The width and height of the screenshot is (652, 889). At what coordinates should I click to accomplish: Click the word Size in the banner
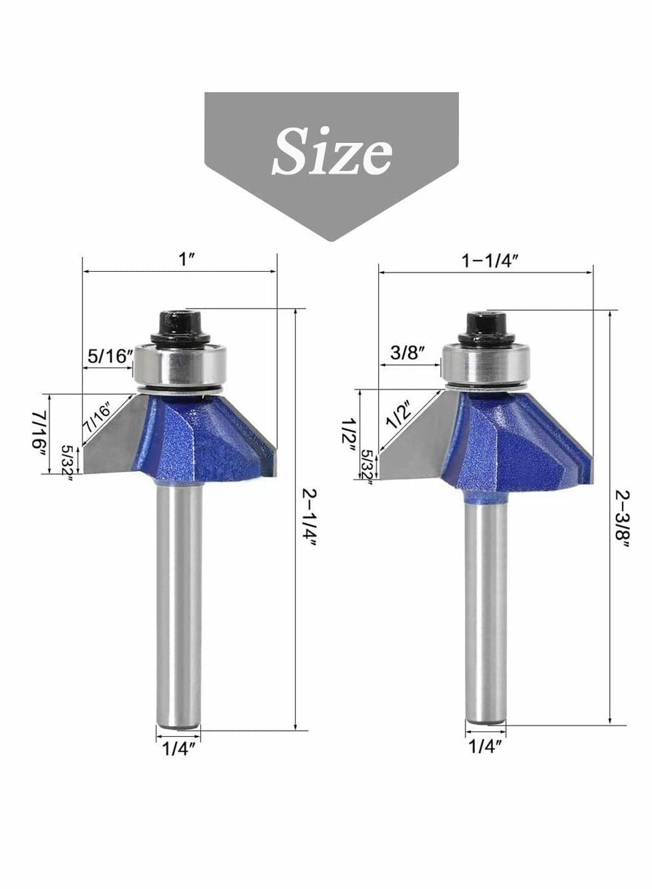tap(332, 151)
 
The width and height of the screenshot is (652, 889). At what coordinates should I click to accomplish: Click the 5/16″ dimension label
tap(107, 355)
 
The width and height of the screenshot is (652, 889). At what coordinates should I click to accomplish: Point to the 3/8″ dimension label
tap(407, 353)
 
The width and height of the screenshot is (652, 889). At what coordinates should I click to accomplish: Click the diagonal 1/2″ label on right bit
tap(399, 415)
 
